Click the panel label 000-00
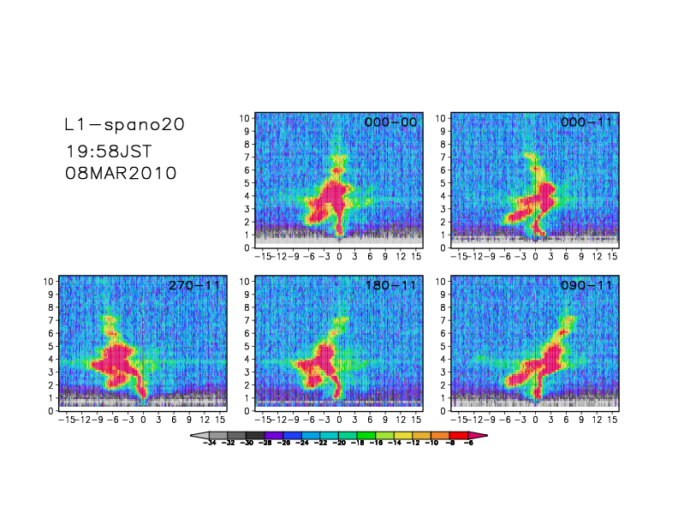point(390,122)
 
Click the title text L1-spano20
point(124,125)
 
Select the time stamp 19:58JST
point(109,152)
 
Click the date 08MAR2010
point(121,173)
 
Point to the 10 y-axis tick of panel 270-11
point(51,281)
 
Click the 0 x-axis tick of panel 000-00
point(340,256)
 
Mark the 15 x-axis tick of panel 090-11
point(612,419)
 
